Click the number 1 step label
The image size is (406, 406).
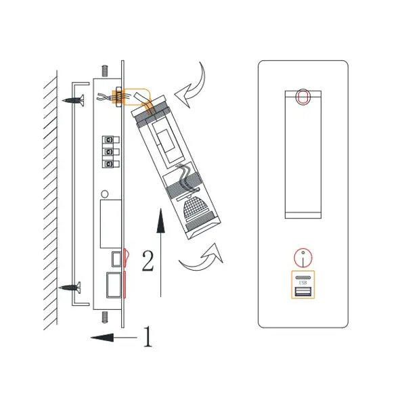[148, 336]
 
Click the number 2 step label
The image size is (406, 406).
[148, 261]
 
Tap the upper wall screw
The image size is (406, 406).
[74, 100]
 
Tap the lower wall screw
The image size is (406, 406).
[70, 288]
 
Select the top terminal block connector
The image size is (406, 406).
[111, 140]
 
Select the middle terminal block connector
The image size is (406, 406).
[111, 152]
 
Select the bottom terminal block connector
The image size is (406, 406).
[111, 164]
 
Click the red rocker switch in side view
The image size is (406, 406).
[125, 258]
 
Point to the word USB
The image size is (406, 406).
[302, 282]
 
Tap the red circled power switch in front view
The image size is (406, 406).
[303, 258]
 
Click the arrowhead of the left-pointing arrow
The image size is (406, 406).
[102, 338]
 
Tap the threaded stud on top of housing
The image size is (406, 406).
[105, 70]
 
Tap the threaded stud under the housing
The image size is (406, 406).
[105, 317]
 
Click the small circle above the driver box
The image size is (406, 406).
[104, 194]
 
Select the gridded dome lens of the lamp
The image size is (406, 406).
[196, 206]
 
